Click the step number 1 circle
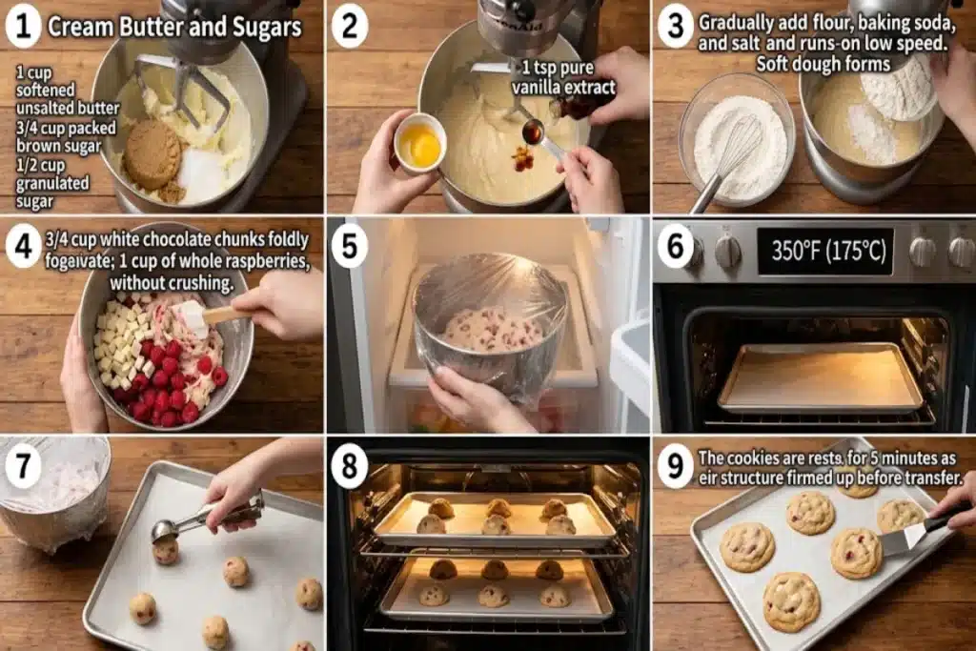[23, 27]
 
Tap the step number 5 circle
[349, 246]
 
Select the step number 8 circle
[349, 465]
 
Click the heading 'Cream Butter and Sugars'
[174, 27]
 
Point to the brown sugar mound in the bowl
[152, 155]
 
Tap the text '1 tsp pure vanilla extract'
[564, 78]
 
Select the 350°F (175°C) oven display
[826, 251]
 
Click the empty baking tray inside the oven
[821, 377]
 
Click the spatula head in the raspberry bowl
[191, 317]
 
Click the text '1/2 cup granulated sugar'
[52, 183]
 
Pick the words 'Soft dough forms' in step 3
[823, 64]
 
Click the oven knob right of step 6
[727, 252]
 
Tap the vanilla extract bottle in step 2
[576, 106]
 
